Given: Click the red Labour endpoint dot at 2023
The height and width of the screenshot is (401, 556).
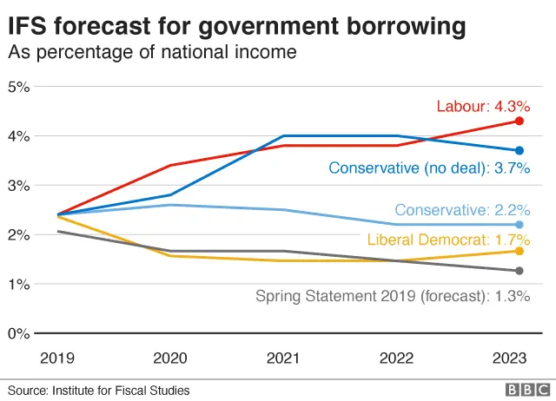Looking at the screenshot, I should click(x=519, y=121).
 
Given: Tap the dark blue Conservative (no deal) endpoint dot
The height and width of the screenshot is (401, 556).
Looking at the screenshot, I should click(x=519, y=150).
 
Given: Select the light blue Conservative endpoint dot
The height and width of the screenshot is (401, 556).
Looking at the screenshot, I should click(x=519, y=224).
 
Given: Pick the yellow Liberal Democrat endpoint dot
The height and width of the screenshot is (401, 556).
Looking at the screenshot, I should click(x=519, y=251).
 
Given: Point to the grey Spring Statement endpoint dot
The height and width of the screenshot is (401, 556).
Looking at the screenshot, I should click(x=519, y=271).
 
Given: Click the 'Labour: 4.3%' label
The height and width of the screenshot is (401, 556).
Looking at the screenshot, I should click(x=482, y=107).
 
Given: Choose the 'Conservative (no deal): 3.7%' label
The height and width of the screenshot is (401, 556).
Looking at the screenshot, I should click(x=428, y=169).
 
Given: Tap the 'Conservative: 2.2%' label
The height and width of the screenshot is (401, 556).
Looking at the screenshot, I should click(x=461, y=210).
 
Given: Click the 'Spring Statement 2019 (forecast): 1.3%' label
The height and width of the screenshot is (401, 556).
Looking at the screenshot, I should click(x=392, y=296).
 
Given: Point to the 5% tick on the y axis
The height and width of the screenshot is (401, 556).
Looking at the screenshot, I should click(x=19, y=87).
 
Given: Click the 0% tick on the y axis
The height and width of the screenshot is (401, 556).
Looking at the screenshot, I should click(x=19, y=333).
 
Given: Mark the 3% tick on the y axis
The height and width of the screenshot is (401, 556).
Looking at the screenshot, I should click(x=19, y=186).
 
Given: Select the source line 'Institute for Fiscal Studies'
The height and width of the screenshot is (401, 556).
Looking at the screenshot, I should click(x=123, y=390).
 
